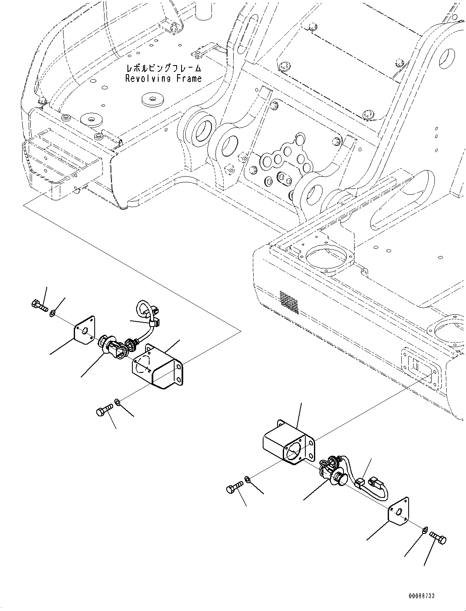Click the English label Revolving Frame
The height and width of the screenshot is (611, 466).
click(x=163, y=78)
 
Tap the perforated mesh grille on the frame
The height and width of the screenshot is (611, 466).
click(x=289, y=302)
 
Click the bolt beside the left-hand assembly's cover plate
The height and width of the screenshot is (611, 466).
click(x=39, y=304)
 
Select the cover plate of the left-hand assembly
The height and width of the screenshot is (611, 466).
click(x=84, y=330)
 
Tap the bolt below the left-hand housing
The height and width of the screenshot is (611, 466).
click(x=105, y=410)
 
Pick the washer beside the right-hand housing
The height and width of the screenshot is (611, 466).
click(x=248, y=479)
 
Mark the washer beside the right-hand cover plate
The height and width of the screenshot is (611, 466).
click(x=425, y=531)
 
